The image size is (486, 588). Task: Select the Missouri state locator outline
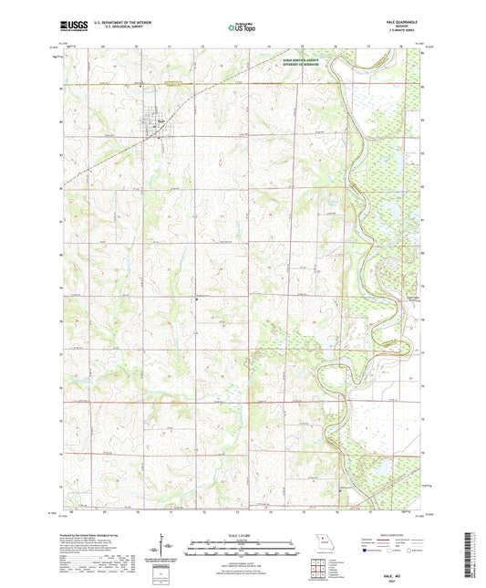click(x=319, y=540)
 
